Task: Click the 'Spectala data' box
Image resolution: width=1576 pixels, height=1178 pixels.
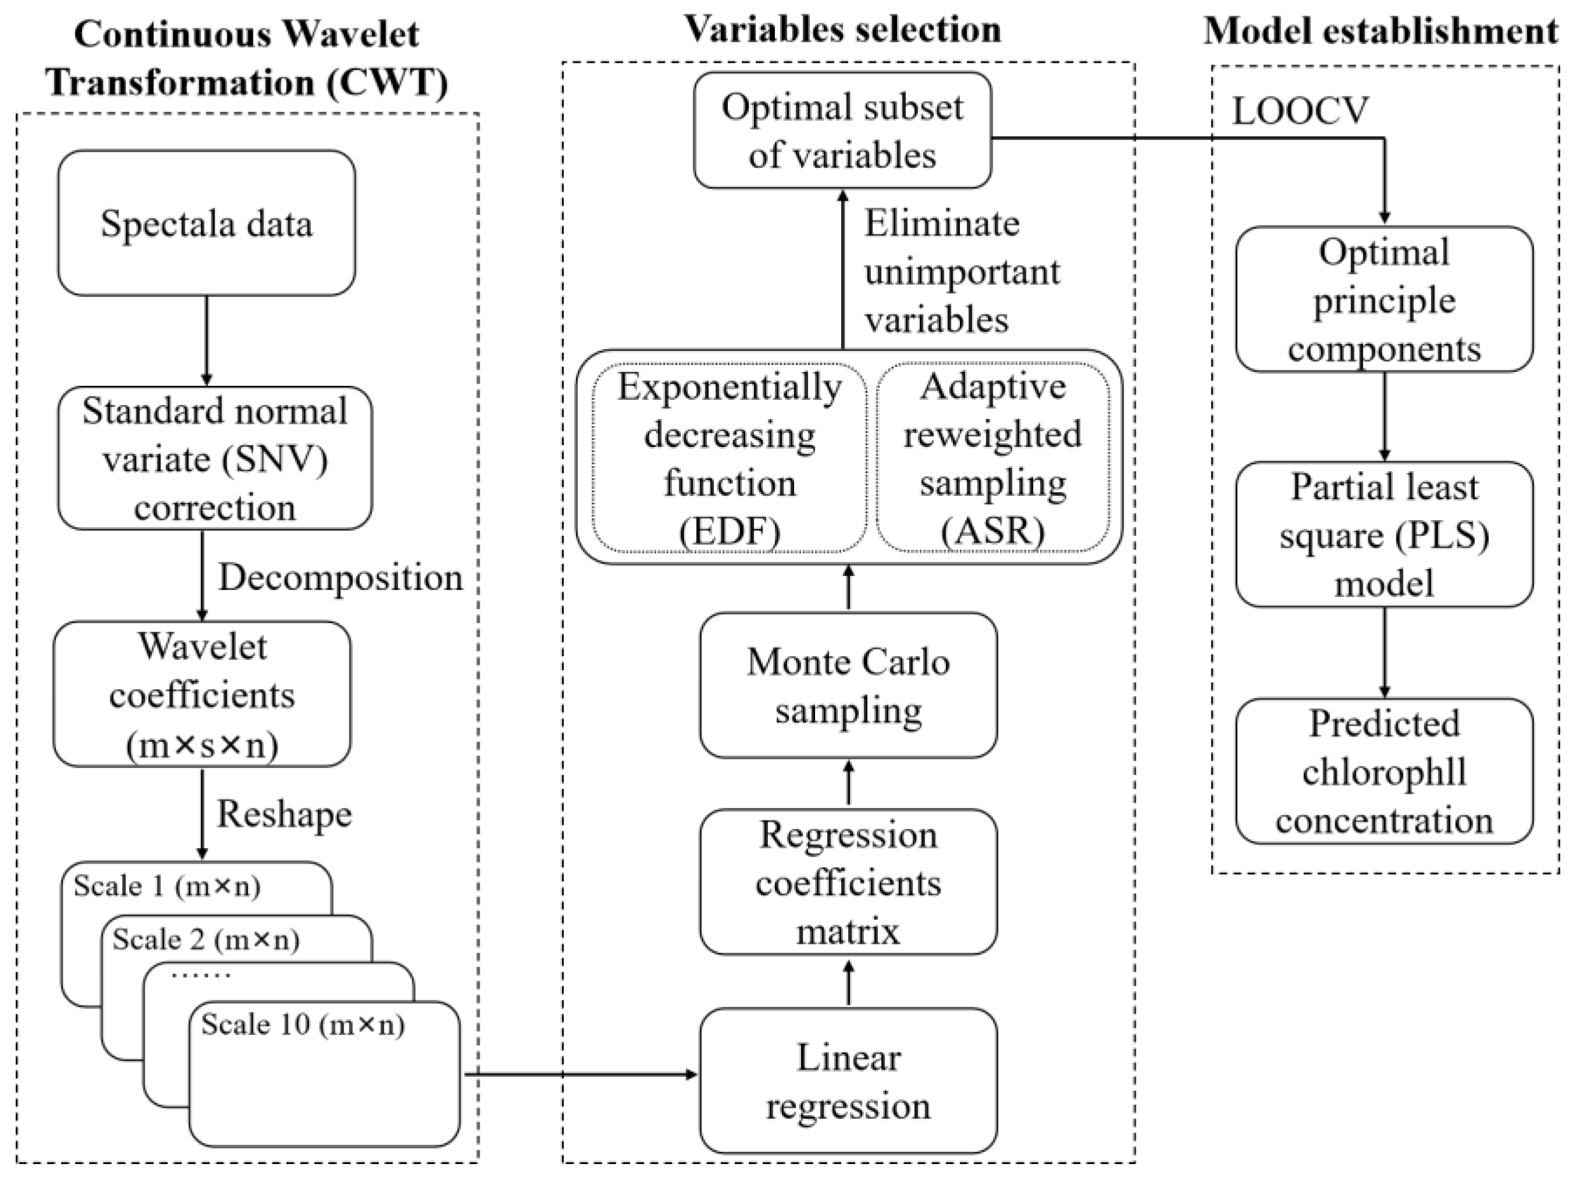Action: (206, 223)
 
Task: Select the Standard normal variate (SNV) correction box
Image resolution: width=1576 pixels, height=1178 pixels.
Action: (215, 458)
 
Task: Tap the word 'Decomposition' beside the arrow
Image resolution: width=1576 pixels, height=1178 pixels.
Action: (341, 577)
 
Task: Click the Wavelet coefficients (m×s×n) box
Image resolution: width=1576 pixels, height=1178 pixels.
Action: (202, 694)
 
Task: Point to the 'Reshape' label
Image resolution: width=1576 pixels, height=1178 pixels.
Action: (284, 814)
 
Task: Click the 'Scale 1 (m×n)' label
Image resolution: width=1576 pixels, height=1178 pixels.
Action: (167, 886)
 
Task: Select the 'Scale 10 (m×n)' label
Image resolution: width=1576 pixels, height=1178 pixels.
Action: (303, 1024)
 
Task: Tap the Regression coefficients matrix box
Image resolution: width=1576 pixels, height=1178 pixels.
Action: (848, 882)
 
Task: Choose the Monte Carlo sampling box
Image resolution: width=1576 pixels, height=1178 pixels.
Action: (848, 685)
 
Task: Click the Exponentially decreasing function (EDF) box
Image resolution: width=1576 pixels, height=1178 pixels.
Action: (730, 458)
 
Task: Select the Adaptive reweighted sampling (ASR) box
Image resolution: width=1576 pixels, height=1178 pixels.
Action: (992, 458)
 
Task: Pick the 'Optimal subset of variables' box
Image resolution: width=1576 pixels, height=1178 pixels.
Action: (842, 130)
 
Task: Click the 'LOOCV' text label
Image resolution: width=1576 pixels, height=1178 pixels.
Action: (1301, 110)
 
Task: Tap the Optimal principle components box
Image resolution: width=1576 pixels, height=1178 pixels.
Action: (1384, 299)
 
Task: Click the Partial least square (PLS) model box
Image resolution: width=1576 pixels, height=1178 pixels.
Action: (1384, 534)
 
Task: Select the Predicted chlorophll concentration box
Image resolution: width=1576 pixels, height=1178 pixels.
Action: (1384, 771)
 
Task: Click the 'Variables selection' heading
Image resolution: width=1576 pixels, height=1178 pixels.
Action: (842, 30)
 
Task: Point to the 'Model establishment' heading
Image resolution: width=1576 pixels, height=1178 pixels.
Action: (1381, 32)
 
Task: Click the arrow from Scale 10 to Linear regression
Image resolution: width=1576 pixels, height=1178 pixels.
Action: (581, 1074)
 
